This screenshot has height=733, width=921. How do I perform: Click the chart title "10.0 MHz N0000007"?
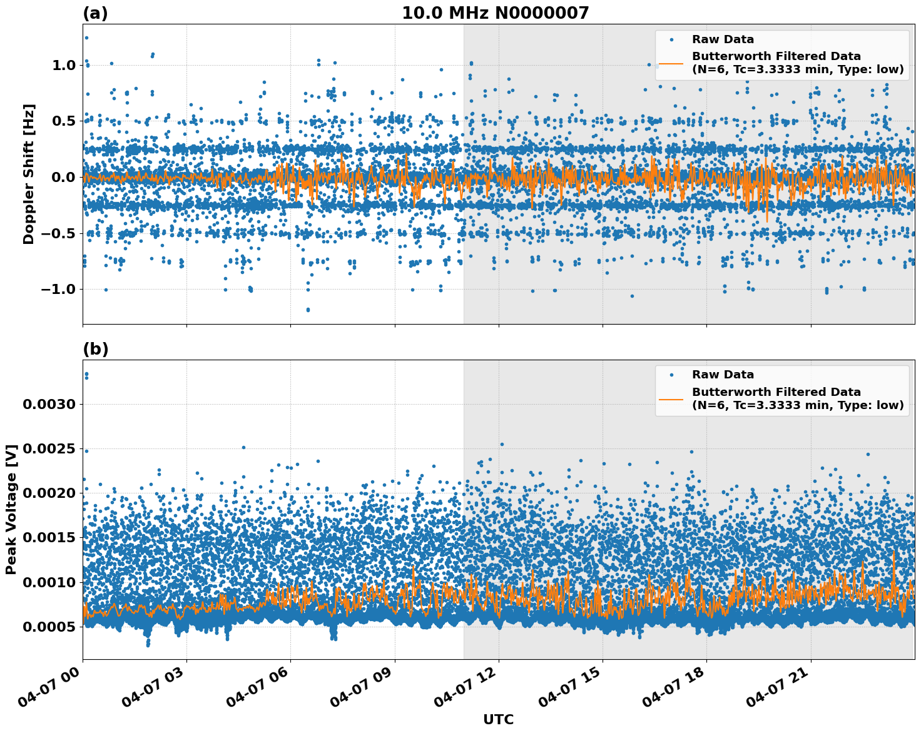tap(495, 13)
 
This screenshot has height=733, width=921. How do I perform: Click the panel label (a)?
tap(95, 13)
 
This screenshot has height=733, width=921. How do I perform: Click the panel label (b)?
tap(95, 349)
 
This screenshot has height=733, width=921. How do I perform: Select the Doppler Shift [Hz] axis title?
tap(29, 174)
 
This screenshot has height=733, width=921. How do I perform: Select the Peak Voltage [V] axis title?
tap(11, 509)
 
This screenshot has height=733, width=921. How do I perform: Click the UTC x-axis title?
tap(498, 719)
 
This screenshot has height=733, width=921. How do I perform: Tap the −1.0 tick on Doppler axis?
tap(58, 289)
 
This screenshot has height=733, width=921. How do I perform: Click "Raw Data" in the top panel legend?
tap(723, 39)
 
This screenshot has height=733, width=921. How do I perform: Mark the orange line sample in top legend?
tap(671, 63)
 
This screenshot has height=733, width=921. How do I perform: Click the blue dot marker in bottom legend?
tap(671, 375)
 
